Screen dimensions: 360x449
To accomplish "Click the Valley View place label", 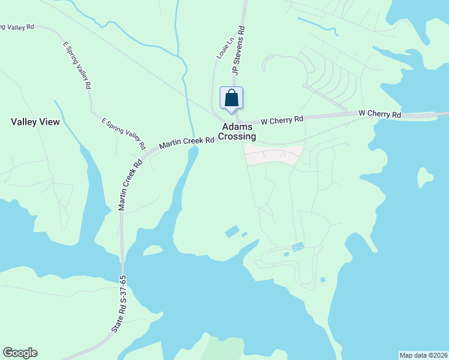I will click(x=35, y=122).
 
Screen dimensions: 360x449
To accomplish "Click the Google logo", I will click(x=20, y=353).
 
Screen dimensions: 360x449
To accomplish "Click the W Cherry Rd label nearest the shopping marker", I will click(x=282, y=120).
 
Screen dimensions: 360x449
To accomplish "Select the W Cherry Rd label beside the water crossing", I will click(x=379, y=113).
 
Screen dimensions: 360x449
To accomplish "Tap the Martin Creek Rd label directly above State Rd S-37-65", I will click(x=130, y=184).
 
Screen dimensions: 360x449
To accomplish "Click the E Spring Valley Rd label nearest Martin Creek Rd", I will click(x=124, y=134).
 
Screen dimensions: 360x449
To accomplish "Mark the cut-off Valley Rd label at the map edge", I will click(x=18, y=27).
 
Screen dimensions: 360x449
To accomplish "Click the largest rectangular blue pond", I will click(x=232, y=231).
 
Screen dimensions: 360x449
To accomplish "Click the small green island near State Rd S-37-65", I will click(x=152, y=250).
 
